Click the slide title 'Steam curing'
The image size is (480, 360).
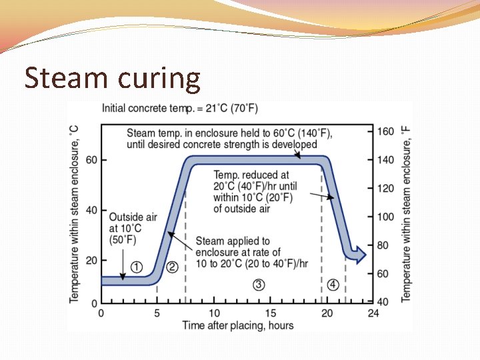[x=112, y=78]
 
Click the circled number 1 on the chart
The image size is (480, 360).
[x=136, y=267]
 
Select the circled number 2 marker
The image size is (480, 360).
[x=171, y=267]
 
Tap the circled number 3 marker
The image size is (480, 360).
[x=259, y=285]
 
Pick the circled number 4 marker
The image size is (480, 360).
[x=333, y=285]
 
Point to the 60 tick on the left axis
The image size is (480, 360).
[x=91, y=160]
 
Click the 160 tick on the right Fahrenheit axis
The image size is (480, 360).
[x=386, y=131]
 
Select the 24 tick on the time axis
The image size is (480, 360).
[x=373, y=313]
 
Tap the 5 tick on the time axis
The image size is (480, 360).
[x=157, y=313]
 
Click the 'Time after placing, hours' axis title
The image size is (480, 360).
[x=238, y=325]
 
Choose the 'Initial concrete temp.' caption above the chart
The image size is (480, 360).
[x=179, y=108]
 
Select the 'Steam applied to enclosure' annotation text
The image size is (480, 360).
[x=251, y=252]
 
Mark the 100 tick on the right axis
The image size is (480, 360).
[x=386, y=217]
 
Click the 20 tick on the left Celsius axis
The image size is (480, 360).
[x=91, y=260]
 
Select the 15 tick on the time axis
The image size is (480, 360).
[x=271, y=313]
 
